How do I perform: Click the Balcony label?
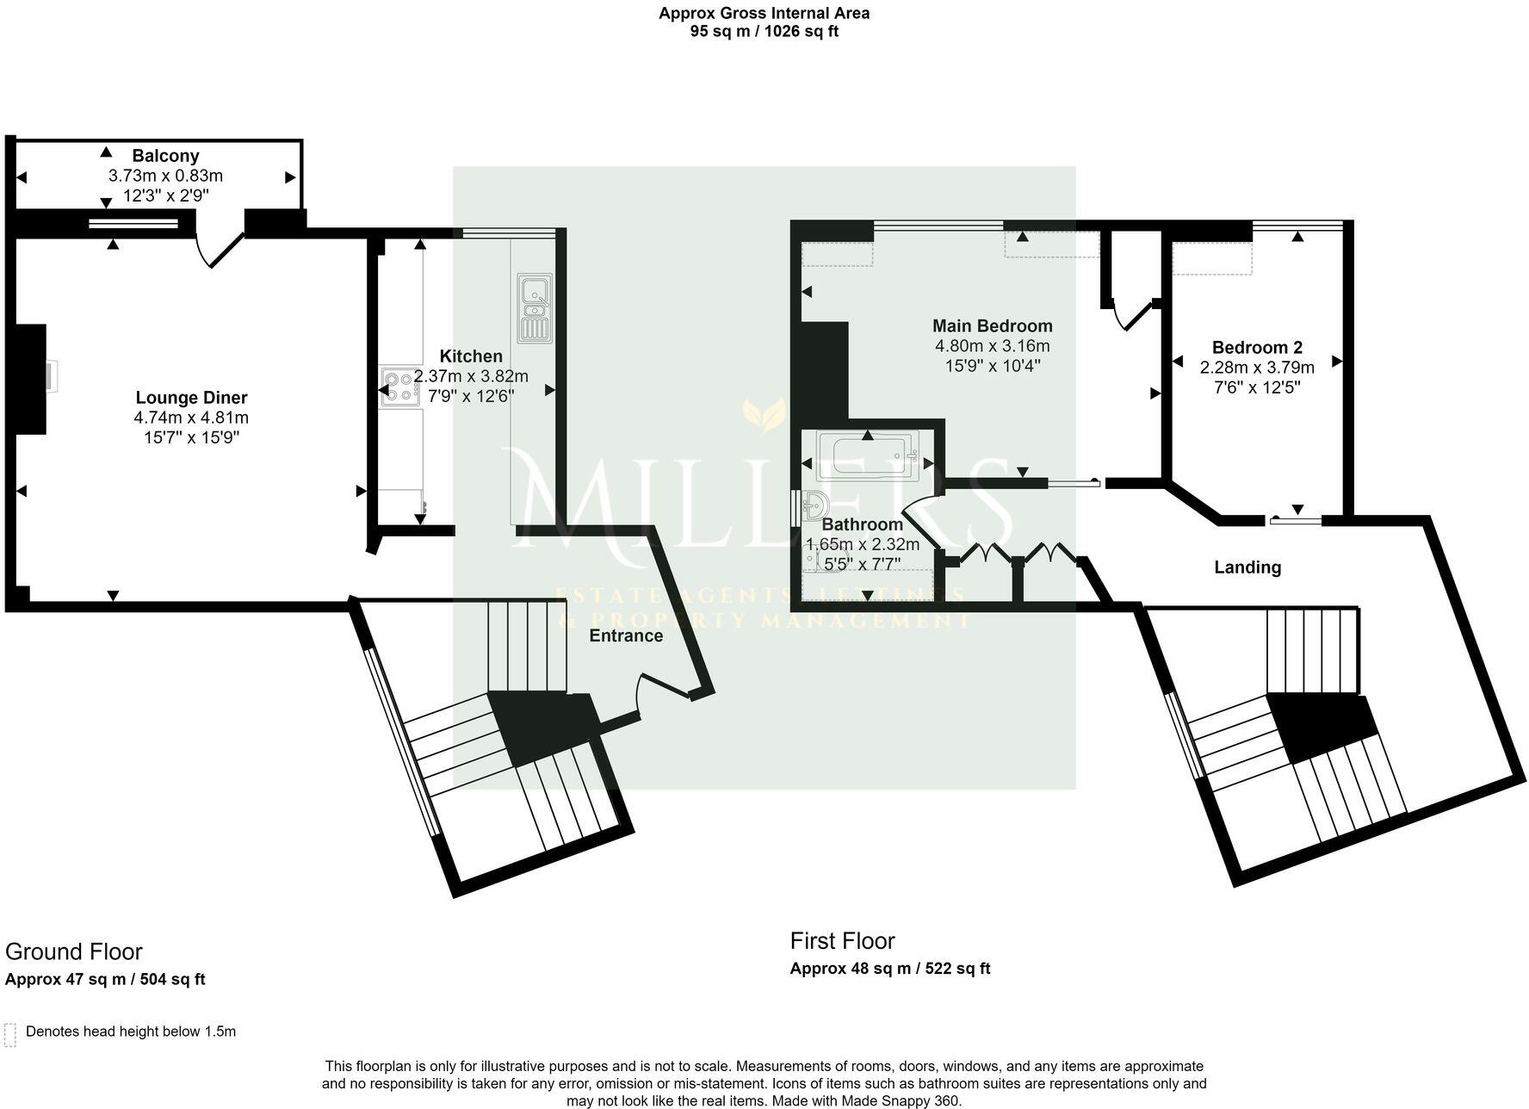[x=165, y=156]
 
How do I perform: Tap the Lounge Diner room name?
[x=191, y=398]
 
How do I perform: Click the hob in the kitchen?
[x=398, y=387]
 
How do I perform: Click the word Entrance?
[x=626, y=635]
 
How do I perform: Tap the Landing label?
[x=1247, y=567]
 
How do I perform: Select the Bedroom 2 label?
[x=1257, y=348]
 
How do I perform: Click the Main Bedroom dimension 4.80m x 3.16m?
[x=992, y=346]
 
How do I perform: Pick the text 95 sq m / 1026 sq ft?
[x=764, y=32]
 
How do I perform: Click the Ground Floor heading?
[x=74, y=951]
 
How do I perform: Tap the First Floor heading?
[x=842, y=940]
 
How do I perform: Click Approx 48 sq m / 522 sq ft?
[x=889, y=969]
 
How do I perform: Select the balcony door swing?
[x=215, y=250]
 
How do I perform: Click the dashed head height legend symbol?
[x=10, y=1034]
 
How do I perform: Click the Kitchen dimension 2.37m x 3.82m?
[x=471, y=376]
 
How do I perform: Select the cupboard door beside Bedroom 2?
[x=1132, y=314]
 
